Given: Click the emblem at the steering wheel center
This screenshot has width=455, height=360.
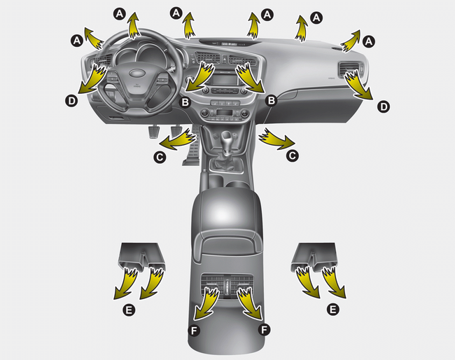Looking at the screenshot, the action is pyautogui.click(x=137, y=73).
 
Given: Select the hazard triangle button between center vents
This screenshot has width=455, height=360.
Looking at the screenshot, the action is pyautogui.click(x=225, y=60).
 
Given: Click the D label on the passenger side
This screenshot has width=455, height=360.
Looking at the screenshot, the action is pyautogui.click(x=384, y=107).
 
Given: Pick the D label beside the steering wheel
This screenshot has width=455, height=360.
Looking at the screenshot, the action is pyautogui.click(x=71, y=101).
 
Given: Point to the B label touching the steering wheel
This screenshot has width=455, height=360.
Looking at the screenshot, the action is pyautogui.click(x=185, y=102).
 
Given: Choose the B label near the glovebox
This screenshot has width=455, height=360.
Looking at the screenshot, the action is pyautogui.click(x=272, y=100).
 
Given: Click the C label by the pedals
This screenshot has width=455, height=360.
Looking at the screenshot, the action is pyautogui.click(x=160, y=157).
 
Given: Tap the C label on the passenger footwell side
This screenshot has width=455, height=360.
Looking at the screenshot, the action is pyautogui.click(x=292, y=156).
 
